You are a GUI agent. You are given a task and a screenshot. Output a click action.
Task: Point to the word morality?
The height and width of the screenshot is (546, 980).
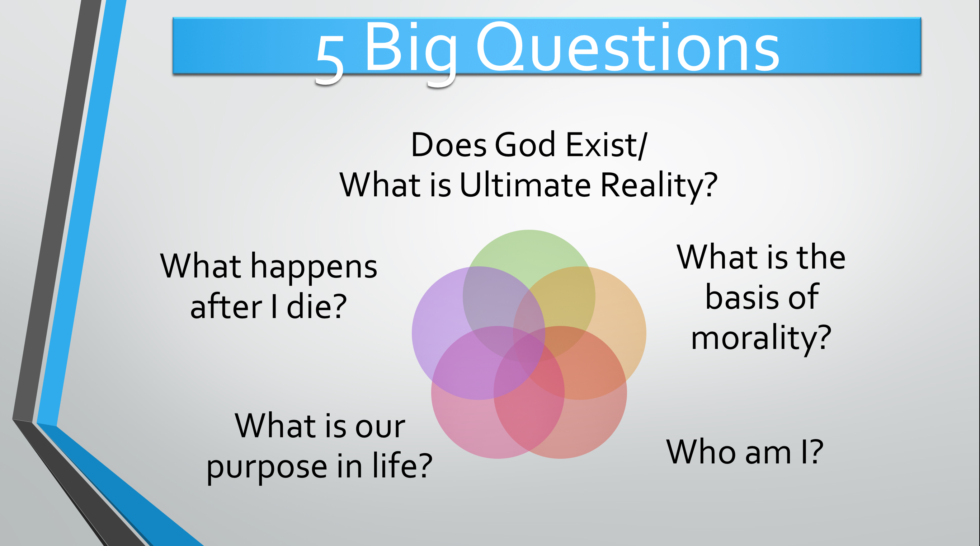[x=761, y=339]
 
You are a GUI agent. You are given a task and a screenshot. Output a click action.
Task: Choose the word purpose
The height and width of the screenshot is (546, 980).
[x=267, y=468]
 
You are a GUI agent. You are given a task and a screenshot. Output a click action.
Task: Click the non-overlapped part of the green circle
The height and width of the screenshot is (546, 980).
[x=529, y=251]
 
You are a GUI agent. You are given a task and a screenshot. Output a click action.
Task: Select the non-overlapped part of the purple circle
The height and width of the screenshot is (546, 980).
[x=438, y=324]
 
